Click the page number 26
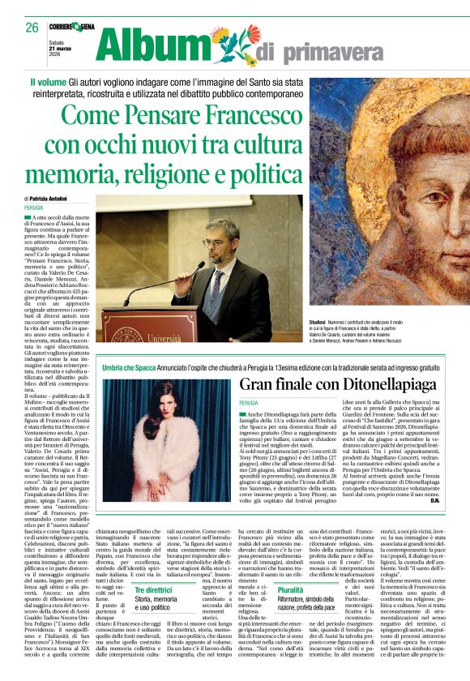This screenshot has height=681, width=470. tap(32, 27)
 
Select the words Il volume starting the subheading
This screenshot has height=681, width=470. tap(49, 83)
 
